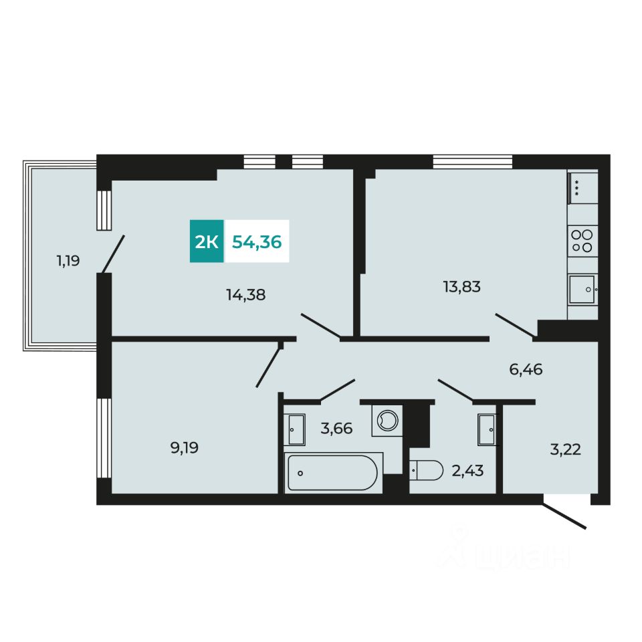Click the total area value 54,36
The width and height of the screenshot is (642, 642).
[x=257, y=241]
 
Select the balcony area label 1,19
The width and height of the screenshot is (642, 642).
[x=68, y=260]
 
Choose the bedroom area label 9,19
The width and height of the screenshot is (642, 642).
[x=185, y=447]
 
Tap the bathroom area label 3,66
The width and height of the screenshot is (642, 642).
[x=336, y=428]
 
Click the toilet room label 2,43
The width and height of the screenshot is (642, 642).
[x=467, y=471]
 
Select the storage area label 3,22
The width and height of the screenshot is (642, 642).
[x=565, y=449]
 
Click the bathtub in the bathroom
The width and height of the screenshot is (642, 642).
[x=332, y=473]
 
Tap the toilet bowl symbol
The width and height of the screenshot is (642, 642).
[x=427, y=471]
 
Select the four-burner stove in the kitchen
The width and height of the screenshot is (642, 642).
[x=582, y=241]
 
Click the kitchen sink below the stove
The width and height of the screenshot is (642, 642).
[x=582, y=290]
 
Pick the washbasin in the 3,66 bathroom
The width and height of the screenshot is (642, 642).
[x=296, y=429]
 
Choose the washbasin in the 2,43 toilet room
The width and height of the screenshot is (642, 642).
[x=486, y=429]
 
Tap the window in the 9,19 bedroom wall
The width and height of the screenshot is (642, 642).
[x=103, y=437]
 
